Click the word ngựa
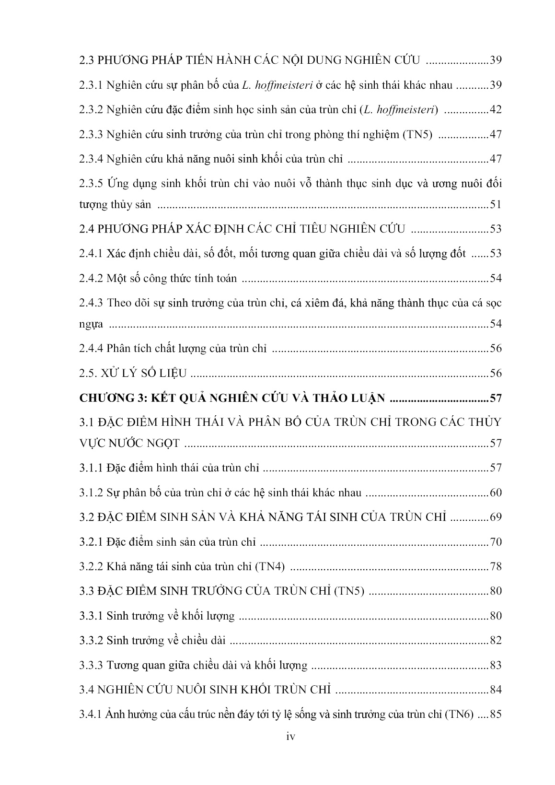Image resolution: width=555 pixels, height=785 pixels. coord(91,325)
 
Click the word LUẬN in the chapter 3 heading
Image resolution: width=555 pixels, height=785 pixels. coord(364,398)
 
